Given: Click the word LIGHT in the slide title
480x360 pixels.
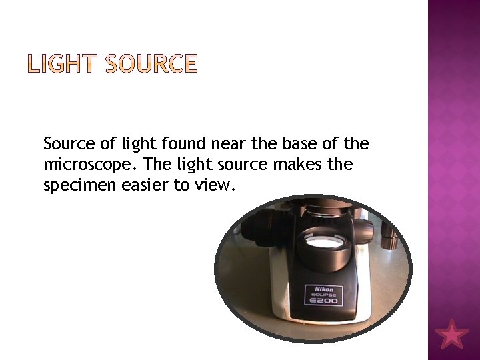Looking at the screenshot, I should click(x=61, y=65).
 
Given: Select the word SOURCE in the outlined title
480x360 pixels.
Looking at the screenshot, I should click(x=152, y=65).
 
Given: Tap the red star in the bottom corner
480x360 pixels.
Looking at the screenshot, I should click(x=453, y=334).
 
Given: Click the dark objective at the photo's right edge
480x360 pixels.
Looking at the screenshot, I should click(x=389, y=235).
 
